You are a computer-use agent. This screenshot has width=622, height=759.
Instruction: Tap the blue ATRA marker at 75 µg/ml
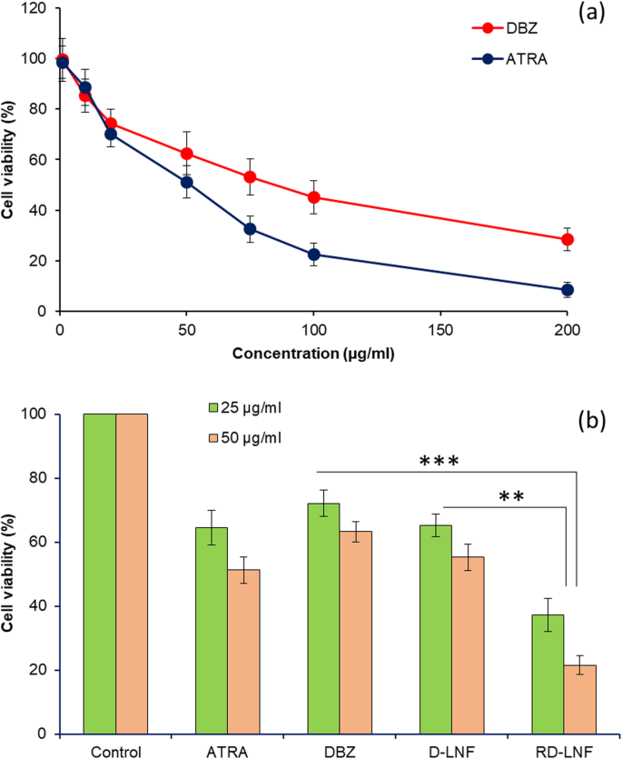click(x=250, y=229)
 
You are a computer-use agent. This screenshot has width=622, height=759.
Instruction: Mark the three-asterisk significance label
click(x=439, y=461)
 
